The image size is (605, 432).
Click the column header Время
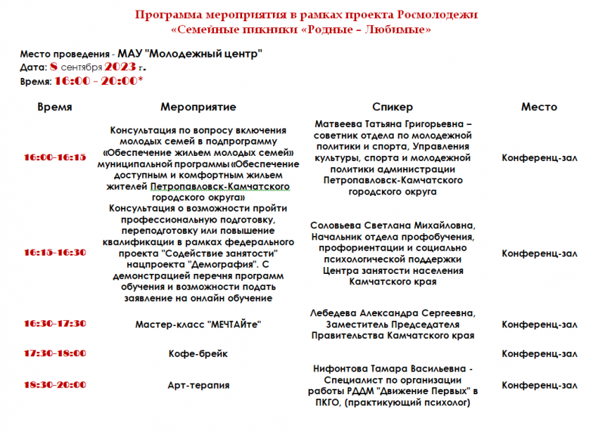(x=54, y=107)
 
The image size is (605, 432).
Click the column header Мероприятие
(x=198, y=107)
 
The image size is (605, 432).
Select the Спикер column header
(x=392, y=107)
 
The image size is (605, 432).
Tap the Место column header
(x=538, y=107)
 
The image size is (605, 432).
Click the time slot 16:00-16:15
(x=54, y=157)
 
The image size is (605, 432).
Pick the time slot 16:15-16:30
(x=54, y=252)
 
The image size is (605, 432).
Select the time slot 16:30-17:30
(x=54, y=324)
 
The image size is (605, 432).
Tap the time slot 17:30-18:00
(x=54, y=353)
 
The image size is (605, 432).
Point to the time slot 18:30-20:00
(x=54, y=385)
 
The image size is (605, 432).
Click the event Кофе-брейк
(x=198, y=353)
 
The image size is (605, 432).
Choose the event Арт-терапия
(x=198, y=385)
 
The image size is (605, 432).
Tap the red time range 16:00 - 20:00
(x=96, y=81)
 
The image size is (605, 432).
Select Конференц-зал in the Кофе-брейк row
(x=539, y=353)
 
